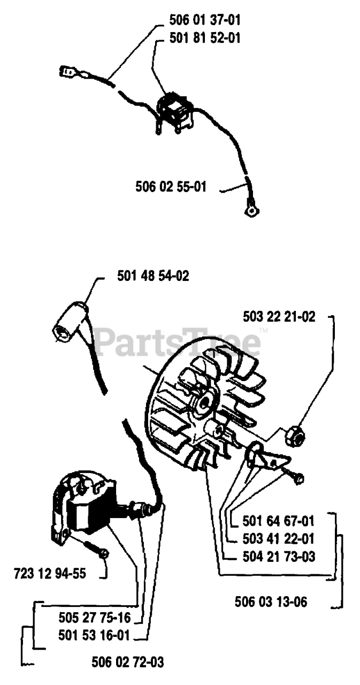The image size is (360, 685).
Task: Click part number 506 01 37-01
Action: pos(204,20)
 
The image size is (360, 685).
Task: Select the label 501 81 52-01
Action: pos(204,38)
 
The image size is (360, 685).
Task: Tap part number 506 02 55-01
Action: pos(171,187)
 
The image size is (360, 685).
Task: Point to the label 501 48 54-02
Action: pos(153,276)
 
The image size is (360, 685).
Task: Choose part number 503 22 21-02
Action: pos(279,317)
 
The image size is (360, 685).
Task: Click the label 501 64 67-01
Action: pos(278,521)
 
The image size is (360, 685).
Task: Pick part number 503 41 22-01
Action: pos(278,538)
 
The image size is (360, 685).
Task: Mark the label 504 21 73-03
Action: pos(278,557)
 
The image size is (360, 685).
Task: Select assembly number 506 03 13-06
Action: pos(271,602)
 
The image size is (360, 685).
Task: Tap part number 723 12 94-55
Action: pos(49,574)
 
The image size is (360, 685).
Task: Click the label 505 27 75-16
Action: pos(95,618)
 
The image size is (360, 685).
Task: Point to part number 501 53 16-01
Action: pos(95,635)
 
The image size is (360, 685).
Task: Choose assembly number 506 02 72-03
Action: pos(128,663)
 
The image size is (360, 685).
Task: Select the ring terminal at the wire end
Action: pos(250,210)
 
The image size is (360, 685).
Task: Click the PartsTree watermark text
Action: pos(177,342)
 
